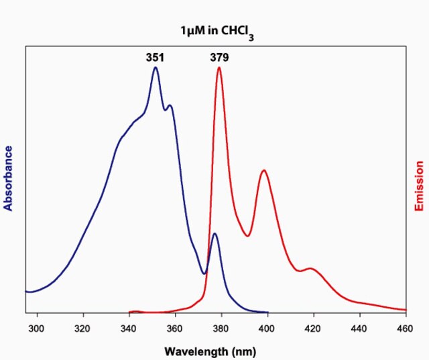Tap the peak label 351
(155, 58)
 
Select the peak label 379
(219, 58)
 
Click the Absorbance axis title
(9, 178)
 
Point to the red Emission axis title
(420, 186)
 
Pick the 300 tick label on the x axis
(37, 328)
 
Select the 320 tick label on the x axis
(83, 328)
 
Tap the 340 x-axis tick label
(129, 328)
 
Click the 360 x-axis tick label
(175, 328)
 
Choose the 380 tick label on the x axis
(221, 328)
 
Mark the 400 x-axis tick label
(267, 328)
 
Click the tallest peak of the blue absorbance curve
(156, 67)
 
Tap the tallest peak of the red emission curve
(219, 67)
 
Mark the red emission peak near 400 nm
(264, 170)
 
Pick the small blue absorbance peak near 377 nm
(214, 233)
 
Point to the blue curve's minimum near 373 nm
(205, 274)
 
